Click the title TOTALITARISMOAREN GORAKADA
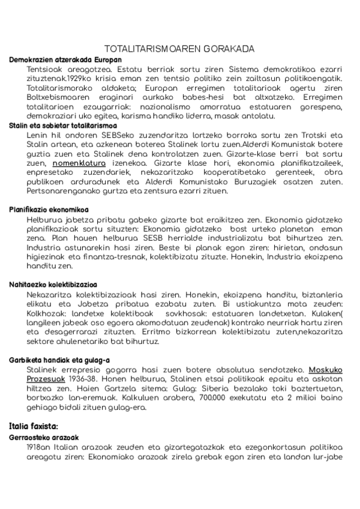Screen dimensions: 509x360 click(179, 49)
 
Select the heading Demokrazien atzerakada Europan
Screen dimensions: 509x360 click(65, 60)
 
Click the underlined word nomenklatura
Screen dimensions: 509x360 click(79, 162)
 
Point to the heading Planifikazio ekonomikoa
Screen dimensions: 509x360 click(49, 209)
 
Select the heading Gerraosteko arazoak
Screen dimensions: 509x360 click(44, 438)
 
